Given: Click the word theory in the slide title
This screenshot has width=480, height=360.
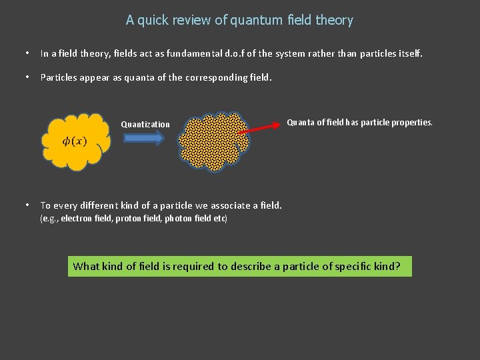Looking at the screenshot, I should [334, 21].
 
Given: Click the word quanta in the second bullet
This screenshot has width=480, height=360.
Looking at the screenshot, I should [137, 77].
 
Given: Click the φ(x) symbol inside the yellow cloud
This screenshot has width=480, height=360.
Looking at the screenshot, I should [74, 141].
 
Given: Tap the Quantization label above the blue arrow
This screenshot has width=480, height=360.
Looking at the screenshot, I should [145, 125].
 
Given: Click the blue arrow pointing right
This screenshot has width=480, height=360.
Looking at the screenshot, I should [144, 138].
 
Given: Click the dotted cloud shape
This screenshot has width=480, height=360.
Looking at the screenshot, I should [212, 140].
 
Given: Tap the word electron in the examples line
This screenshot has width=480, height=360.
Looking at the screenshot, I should [75, 219].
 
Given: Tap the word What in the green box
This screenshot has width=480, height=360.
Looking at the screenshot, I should [86, 267].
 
